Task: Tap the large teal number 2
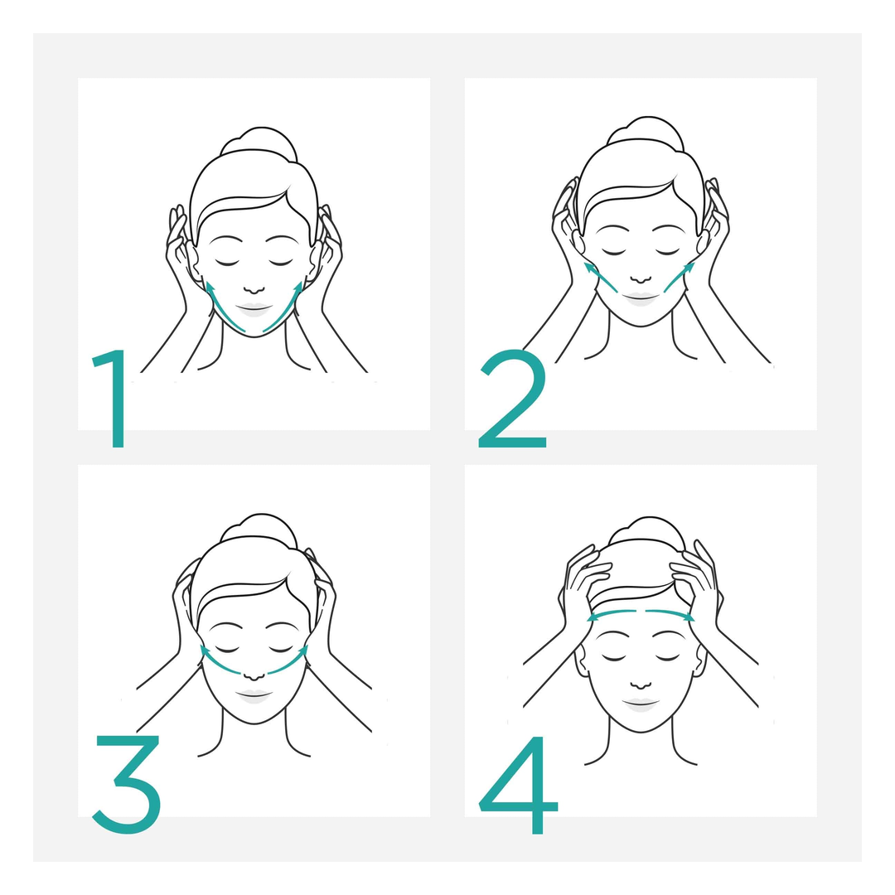(513, 399)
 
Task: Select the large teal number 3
(128, 784)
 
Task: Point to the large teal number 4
(518, 785)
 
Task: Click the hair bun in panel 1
(259, 143)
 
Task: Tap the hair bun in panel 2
(646, 131)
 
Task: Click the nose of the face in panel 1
(254, 289)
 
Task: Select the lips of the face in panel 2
(641, 298)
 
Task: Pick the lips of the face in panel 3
(254, 696)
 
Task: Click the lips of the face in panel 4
(641, 704)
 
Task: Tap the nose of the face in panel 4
(641, 684)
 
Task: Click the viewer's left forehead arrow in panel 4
(612, 613)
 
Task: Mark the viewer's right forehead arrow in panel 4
(670, 613)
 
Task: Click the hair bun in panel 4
(646, 532)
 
